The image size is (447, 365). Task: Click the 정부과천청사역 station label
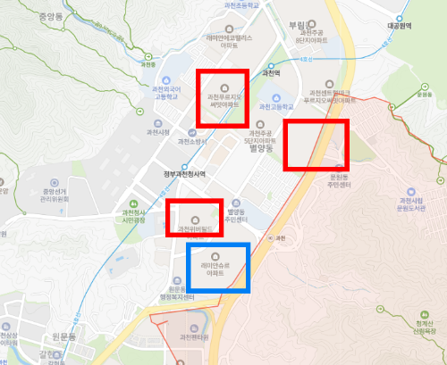[185, 174]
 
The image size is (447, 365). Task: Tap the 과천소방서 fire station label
[194, 141]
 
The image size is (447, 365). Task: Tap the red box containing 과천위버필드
[194, 219]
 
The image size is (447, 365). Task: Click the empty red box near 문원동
[316, 145]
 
